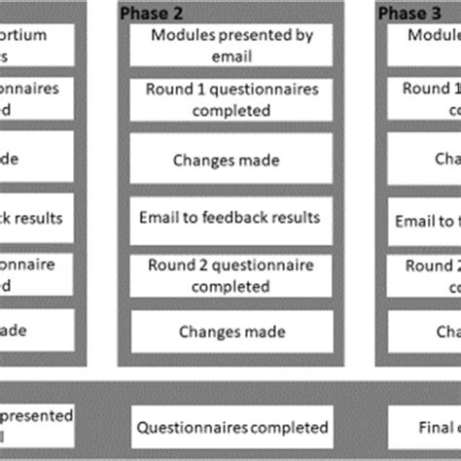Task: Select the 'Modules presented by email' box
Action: click(x=232, y=47)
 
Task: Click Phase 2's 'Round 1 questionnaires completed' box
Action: click(x=232, y=99)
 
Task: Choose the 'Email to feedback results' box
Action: click(x=232, y=217)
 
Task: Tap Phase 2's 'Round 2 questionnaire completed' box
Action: click(x=232, y=275)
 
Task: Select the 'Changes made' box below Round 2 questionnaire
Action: click(x=232, y=332)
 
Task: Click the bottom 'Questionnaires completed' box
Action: click(x=232, y=427)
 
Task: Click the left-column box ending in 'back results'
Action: click(x=36, y=217)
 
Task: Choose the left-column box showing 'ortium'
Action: click(x=36, y=47)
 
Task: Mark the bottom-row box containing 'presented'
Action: click(x=36, y=427)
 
